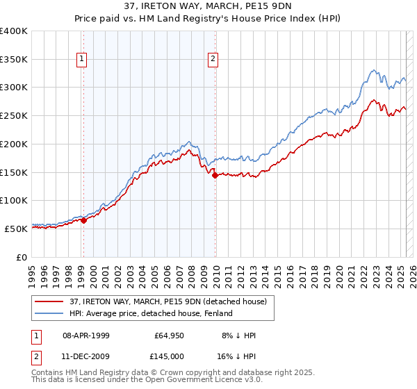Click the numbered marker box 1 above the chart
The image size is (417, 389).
pyautogui.click(x=83, y=60)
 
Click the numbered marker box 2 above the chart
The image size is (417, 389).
pyautogui.click(x=213, y=60)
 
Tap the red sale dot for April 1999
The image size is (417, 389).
pyautogui.click(x=83, y=220)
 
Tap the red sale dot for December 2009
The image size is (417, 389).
pyautogui.click(x=215, y=175)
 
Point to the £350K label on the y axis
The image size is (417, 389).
pyautogui.click(x=14, y=59)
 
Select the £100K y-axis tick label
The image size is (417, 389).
pyautogui.click(x=14, y=200)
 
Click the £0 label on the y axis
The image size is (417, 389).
pyautogui.click(x=22, y=256)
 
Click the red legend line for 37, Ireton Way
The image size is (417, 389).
pyautogui.click(x=49, y=301)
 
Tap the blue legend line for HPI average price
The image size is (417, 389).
pyautogui.click(x=49, y=313)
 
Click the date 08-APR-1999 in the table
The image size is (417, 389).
pyautogui.click(x=88, y=336)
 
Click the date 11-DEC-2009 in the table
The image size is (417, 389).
pyautogui.click(x=88, y=356)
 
